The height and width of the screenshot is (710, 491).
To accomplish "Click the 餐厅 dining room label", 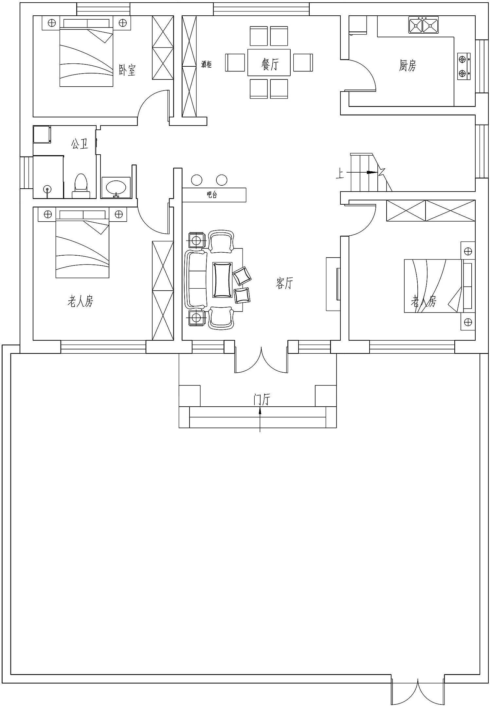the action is tap(270, 64).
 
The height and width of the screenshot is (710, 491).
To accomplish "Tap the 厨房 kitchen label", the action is tap(408, 66).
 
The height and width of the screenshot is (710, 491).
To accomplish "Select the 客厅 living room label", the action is tap(284, 283).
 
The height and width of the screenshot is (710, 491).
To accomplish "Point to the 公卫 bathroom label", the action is tap(80, 144).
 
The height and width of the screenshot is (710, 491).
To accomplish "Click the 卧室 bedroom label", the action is tap(127, 70).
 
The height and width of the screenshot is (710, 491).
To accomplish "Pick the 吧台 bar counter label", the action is tap(212, 195).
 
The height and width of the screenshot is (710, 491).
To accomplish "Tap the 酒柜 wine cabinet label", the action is tap(207, 64).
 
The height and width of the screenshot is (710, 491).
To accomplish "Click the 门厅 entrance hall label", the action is tap(262, 399).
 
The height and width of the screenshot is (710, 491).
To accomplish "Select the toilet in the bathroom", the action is tap(81, 186).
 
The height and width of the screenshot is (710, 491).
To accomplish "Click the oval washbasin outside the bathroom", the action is tap(116, 188).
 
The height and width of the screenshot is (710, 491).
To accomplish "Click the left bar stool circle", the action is tap(197, 180).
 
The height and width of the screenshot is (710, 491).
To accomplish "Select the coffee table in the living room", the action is tap(223, 280).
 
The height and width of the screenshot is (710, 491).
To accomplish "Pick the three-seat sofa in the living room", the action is tap(196, 279).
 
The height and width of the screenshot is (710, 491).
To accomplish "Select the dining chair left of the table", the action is tap(235, 62).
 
